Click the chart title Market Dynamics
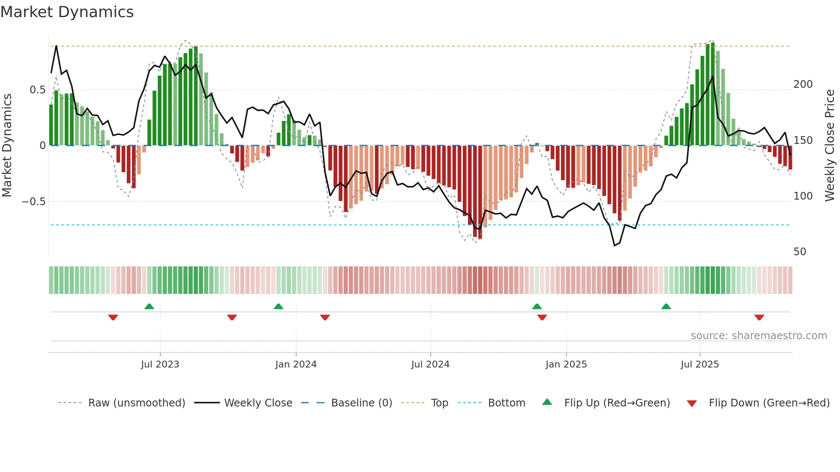pyautogui.click(x=67, y=12)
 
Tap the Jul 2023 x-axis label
pyautogui.click(x=160, y=364)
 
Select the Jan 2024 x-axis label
pyautogui.click(x=296, y=364)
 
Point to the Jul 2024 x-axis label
pyautogui.click(x=430, y=364)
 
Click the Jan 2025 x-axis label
pyautogui.click(x=566, y=364)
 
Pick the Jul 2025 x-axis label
pyautogui.click(x=700, y=364)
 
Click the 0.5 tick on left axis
pyautogui.click(x=37, y=90)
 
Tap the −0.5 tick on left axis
pyautogui.click(x=33, y=202)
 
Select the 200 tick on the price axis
pyautogui.click(x=803, y=84)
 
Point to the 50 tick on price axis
pyautogui.click(x=800, y=252)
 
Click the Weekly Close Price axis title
pyautogui.click(x=830, y=146)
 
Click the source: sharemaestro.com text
pyautogui.click(x=759, y=336)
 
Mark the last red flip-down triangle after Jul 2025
pyautogui.click(x=759, y=317)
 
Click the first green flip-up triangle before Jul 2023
pyautogui.click(x=149, y=306)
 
